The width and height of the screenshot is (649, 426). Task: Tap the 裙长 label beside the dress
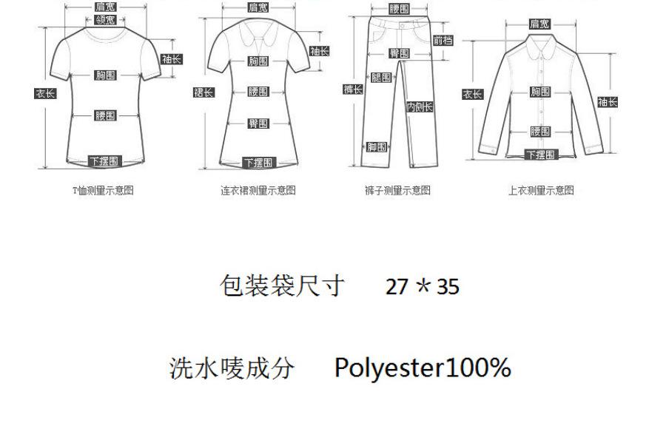click(x=204, y=92)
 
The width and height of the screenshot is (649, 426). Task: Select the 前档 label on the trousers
click(x=443, y=40)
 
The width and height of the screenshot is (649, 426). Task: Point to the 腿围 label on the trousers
click(x=380, y=77)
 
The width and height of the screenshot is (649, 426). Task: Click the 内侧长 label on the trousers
click(x=420, y=107)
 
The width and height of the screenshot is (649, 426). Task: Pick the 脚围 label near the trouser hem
click(x=377, y=146)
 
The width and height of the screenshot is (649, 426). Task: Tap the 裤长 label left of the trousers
click(x=353, y=89)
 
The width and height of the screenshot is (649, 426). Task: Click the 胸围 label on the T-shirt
click(x=105, y=75)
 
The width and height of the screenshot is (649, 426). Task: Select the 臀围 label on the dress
click(x=258, y=124)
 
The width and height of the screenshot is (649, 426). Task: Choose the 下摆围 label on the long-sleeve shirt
click(x=540, y=154)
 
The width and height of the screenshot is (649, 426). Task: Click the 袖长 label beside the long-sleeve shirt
click(x=608, y=102)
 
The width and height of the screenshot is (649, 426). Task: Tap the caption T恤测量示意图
click(x=103, y=190)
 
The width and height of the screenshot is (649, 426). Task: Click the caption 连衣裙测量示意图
click(x=258, y=190)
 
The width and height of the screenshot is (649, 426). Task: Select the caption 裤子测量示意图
click(x=397, y=190)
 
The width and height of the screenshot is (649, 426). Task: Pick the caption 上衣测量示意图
click(x=540, y=190)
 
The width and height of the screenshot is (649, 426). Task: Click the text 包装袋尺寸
click(x=283, y=285)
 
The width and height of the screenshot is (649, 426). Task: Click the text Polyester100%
click(x=423, y=368)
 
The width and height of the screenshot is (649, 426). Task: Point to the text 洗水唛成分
click(x=232, y=368)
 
